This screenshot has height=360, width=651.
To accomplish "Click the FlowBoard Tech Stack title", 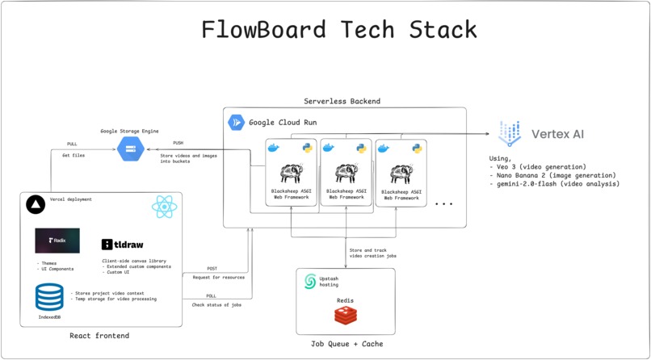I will click(x=338, y=30).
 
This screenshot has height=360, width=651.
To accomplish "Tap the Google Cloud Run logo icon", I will click(x=237, y=123).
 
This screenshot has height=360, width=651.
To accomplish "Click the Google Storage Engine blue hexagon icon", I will click(x=130, y=149).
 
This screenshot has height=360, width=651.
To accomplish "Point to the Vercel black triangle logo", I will click(x=36, y=205).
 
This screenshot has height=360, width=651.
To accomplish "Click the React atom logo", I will click(x=164, y=207).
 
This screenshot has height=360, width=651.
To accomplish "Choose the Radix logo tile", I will click(x=57, y=241).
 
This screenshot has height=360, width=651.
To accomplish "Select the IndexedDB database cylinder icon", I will click(x=49, y=297).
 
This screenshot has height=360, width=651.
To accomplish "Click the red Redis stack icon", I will click(x=346, y=316).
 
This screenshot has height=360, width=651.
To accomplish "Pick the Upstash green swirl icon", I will click(x=310, y=281).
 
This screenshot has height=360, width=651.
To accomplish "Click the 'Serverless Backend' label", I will click(x=342, y=102).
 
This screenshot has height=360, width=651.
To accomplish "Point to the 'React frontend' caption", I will click(x=99, y=335).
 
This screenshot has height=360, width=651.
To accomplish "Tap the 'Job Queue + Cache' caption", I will click(x=346, y=344).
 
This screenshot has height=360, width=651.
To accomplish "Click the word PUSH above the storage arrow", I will click(x=178, y=143).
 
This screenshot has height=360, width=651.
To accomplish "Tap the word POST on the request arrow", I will click(x=212, y=269).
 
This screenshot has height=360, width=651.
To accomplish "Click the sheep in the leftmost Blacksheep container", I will click(x=291, y=174).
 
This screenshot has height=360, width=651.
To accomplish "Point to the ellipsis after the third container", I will click(x=443, y=204).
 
